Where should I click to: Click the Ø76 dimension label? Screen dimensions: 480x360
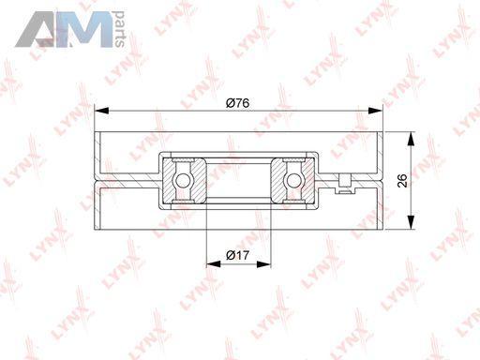tap(237, 103)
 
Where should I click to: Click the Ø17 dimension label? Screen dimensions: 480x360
tap(237, 255)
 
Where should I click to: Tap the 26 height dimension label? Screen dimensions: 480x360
tap(402, 181)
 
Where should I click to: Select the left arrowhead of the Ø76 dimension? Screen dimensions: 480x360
tap(101, 111)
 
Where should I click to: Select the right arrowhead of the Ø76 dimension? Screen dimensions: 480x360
tap(375, 111)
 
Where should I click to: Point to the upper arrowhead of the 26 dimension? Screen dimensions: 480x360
tap(412, 139)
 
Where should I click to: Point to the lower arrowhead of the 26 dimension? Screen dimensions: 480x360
tap(412, 222)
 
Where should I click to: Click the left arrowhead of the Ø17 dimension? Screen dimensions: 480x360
tap(214, 264)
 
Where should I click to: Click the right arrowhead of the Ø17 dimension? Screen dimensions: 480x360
tap(263, 264)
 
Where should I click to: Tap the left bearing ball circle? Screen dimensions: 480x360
tap(183, 181)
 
